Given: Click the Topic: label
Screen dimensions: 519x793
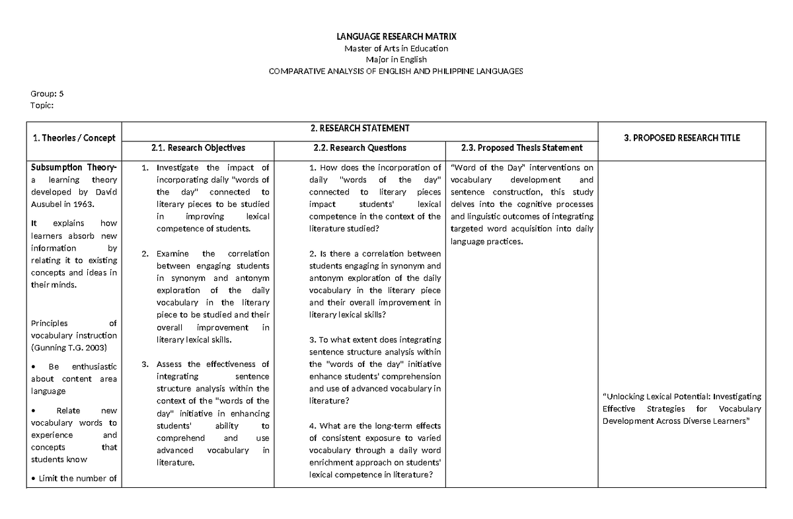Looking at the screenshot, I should click(x=42, y=105).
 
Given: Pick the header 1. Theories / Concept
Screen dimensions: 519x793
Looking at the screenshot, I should click(x=73, y=138).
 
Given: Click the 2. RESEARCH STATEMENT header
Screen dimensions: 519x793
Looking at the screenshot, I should click(x=360, y=128).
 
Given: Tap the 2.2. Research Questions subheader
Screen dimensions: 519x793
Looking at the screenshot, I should click(x=360, y=148).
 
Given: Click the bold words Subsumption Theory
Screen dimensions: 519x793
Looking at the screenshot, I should click(x=71, y=167).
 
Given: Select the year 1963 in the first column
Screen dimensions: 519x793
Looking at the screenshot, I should click(x=98, y=204).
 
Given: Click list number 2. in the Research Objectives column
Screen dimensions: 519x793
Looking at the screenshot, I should click(x=145, y=253).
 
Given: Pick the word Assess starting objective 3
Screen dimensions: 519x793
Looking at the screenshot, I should click(x=169, y=364).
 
